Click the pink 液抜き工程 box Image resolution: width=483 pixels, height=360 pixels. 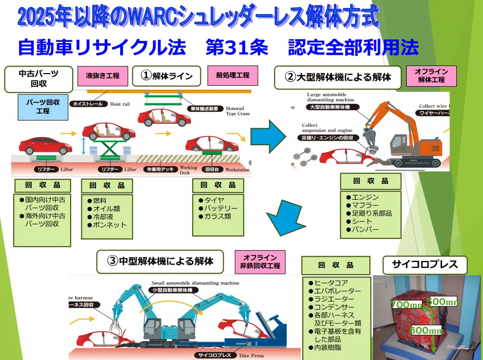(102, 76)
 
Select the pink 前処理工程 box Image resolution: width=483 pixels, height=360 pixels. (233, 76)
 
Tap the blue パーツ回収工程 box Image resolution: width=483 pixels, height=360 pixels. (43, 106)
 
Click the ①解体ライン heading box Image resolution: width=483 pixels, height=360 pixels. (167, 76)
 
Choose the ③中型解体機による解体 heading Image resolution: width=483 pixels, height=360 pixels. (160, 261)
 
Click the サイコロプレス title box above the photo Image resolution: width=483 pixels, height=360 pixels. (425, 264)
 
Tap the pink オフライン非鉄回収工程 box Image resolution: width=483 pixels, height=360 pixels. (260, 261)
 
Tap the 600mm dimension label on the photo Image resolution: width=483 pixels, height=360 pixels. (426, 330)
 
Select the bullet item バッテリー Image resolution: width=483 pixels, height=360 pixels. (220, 208)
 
